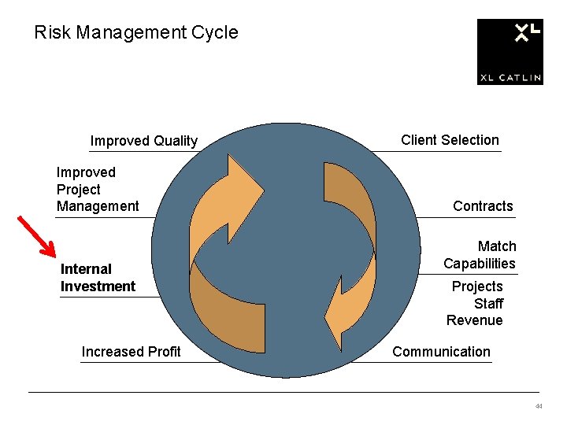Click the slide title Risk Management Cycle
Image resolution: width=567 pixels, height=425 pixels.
136,33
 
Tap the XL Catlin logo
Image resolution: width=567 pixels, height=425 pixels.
510,52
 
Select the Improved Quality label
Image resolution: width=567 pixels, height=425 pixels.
144,141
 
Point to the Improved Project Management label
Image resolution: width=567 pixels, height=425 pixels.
97,189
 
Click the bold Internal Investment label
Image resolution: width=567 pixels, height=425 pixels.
98,278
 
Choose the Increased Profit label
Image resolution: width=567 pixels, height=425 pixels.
131,352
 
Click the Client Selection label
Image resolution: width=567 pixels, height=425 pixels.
450,140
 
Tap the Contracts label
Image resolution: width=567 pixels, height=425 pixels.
483,206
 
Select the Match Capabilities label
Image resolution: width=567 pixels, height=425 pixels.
480,255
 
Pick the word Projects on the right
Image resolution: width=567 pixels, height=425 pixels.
476,286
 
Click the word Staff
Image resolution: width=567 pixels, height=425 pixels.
488,304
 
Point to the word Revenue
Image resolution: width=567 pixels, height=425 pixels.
474,320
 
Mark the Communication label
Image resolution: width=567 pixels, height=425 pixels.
441,352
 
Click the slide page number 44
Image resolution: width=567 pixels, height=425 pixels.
539,407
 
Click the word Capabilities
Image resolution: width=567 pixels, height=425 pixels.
480,264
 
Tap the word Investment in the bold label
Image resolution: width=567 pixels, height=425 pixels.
98,286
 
